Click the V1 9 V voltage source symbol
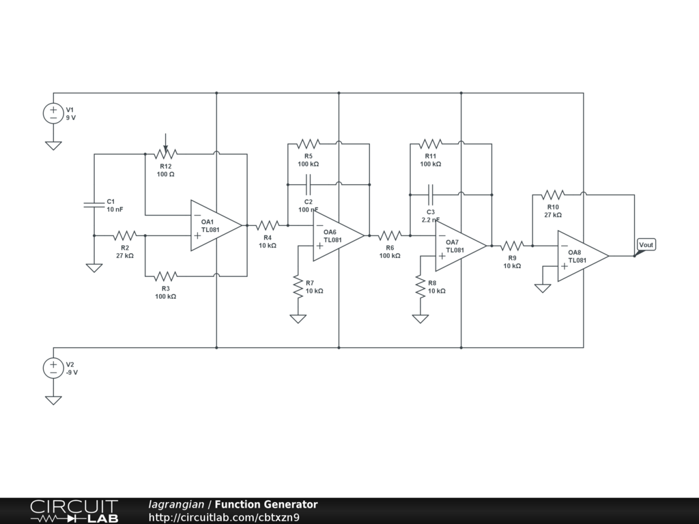coord(53,114)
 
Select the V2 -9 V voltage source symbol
coord(53,368)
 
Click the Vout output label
coord(646,245)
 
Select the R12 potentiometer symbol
coord(165,154)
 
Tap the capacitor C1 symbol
coord(94,205)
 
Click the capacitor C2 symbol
coord(308,184)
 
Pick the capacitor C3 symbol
coord(430,194)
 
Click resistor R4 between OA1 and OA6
coord(268,225)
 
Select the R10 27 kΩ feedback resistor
coord(553,194)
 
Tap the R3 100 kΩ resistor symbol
coord(165,276)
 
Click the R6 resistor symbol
coord(390,235)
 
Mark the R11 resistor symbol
coord(430,143)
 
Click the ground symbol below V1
coord(53,145)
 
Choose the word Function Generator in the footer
coord(266,505)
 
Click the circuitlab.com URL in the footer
coord(224,517)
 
